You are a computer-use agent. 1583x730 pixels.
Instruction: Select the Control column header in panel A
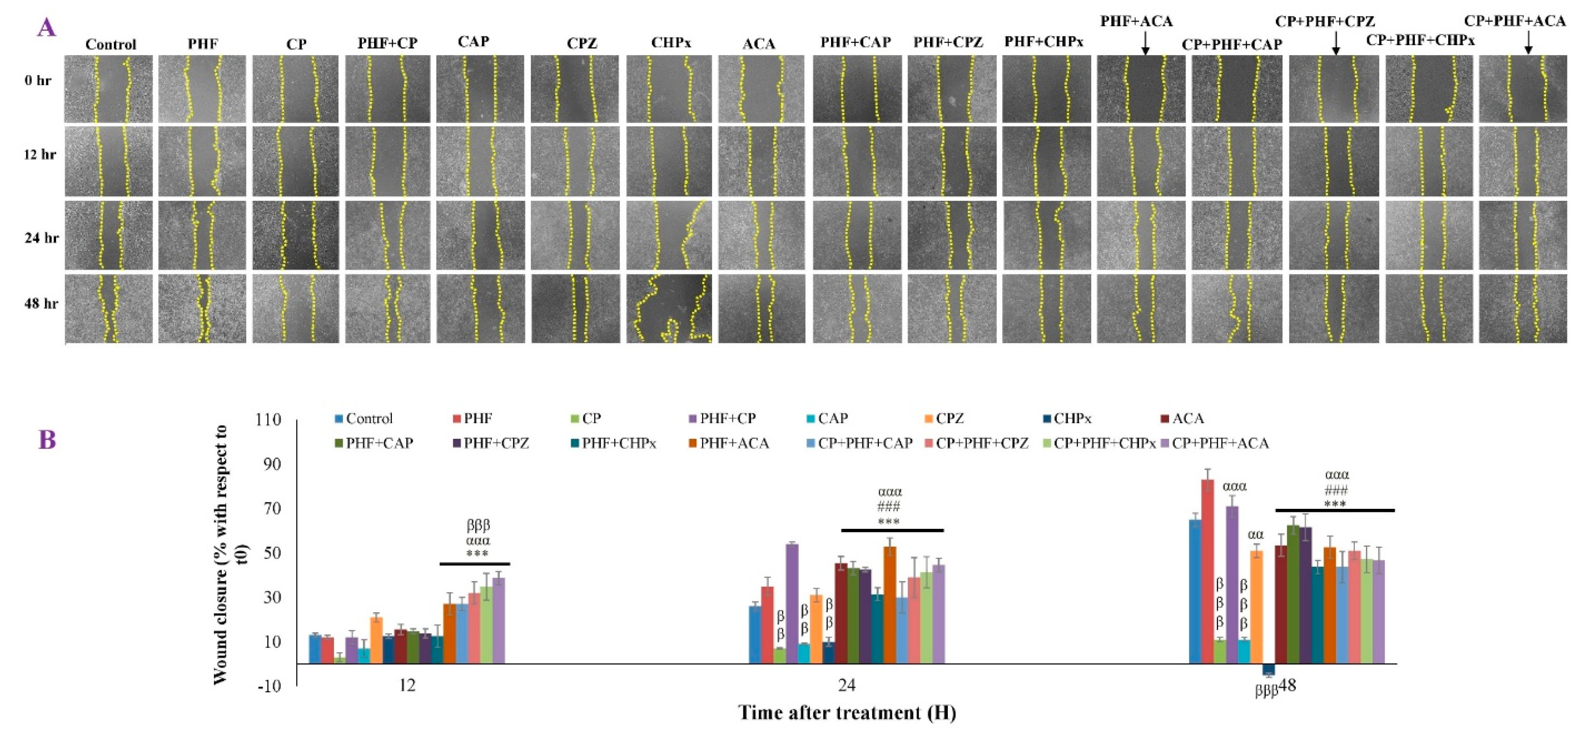[111, 44]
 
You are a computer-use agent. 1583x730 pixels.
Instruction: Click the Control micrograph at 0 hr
[109, 89]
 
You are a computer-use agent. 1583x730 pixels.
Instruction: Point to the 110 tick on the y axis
[268, 420]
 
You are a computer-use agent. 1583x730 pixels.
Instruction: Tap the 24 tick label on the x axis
[846, 685]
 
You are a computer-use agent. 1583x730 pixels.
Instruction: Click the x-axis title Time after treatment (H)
[846, 713]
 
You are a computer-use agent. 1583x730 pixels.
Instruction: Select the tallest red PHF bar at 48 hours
[1208, 571]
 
